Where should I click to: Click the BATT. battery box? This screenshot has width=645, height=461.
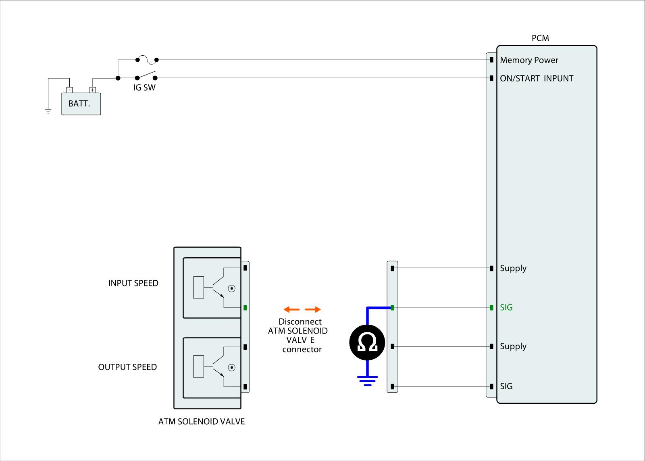(81, 104)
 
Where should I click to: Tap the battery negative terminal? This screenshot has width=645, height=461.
(69, 90)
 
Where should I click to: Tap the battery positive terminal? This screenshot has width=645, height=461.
(93, 90)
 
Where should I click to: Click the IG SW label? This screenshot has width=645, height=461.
(144, 88)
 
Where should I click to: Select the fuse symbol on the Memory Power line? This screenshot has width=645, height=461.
(147, 60)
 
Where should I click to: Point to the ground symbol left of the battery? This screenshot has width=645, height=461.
(48, 111)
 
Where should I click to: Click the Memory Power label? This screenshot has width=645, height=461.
(529, 60)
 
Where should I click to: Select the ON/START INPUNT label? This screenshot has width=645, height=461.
(536, 79)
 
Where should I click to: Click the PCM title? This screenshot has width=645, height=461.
(540, 38)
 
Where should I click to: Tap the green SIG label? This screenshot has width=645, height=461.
(506, 307)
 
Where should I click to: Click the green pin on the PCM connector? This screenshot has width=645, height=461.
(491, 308)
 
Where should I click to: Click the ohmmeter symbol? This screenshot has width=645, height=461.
(367, 343)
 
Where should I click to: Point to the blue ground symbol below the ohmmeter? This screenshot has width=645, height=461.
(367, 380)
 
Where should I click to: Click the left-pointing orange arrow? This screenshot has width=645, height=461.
(291, 309)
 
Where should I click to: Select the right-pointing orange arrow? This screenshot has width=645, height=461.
(313, 309)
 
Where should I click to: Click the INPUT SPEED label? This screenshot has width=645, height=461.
(133, 283)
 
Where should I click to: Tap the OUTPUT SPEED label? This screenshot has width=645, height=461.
(127, 367)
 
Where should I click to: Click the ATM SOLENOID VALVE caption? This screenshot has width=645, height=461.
(202, 421)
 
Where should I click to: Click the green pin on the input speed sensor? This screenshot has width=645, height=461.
(245, 308)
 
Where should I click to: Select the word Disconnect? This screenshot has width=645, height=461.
(300, 322)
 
